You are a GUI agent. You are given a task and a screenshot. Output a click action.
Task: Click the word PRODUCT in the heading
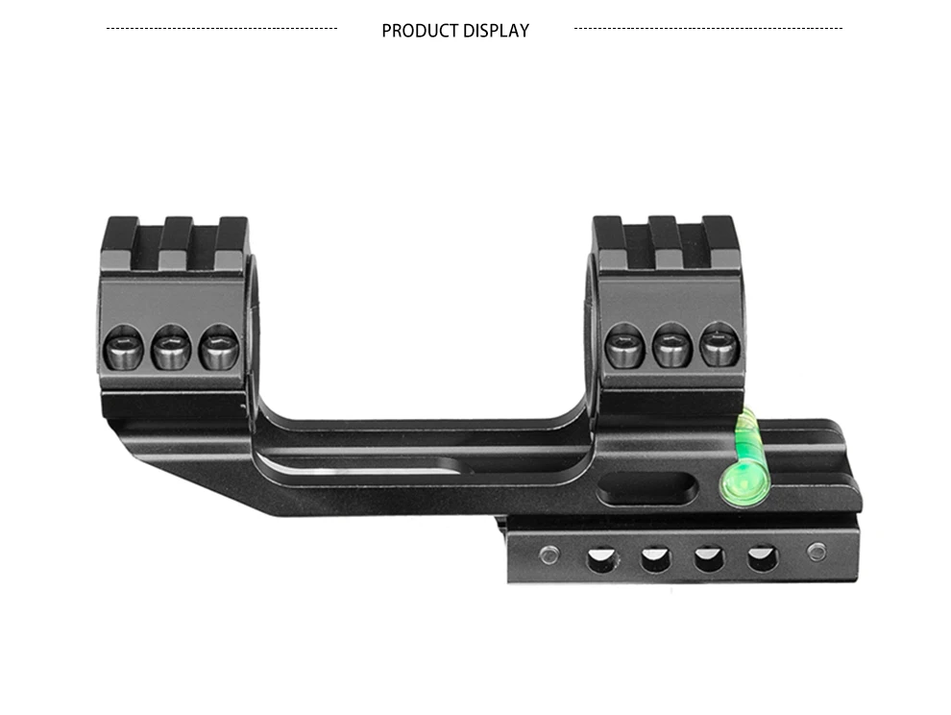(x=420, y=31)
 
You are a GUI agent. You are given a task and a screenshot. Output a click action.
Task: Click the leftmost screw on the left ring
(x=124, y=347)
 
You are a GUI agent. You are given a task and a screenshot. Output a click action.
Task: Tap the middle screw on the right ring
(x=672, y=345)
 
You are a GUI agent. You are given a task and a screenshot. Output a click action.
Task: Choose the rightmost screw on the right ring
(x=719, y=344)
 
